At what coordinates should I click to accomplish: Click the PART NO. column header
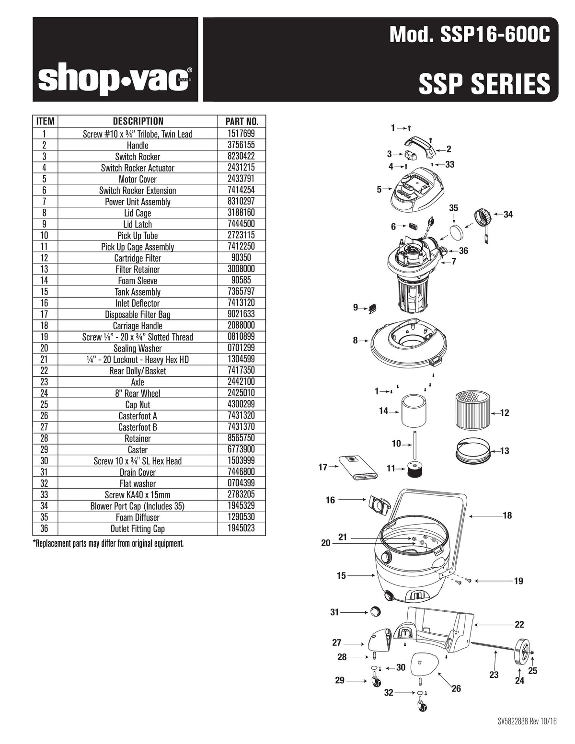(241, 122)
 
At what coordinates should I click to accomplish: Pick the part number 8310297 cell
(241, 202)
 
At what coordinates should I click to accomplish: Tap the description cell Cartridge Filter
(138, 258)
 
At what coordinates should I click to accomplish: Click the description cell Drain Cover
(138, 472)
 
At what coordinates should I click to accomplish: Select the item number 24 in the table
(44, 393)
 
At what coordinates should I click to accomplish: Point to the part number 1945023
(241, 528)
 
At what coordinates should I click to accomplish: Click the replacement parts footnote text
(108, 544)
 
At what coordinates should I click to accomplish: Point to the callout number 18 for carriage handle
(507, 515)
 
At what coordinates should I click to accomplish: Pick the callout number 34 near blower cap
(508, 214)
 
